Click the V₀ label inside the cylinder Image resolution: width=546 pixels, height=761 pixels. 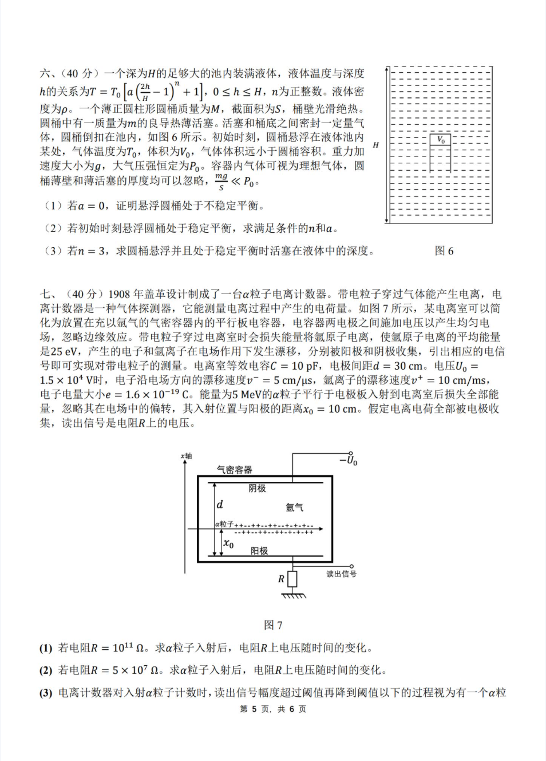[x=441, y=139]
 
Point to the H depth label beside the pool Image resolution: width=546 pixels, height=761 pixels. [x=375, y=145]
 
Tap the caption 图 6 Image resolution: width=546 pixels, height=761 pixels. [x=444, y=251]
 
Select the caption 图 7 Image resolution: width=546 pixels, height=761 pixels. [x=273, y=625]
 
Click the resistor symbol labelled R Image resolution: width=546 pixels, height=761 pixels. [x=292, y=579]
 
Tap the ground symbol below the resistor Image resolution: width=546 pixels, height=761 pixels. [x=293, y=596]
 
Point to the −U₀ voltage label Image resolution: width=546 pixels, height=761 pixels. [x=349, y=460]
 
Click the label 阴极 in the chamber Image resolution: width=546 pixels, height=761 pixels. [x=257, y=488]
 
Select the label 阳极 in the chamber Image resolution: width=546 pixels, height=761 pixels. [x=259, y=551]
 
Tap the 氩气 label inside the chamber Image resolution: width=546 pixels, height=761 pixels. [x=295, y=507]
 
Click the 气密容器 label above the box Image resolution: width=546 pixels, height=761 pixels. [x=234, y=470]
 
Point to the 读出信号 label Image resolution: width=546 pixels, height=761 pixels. [x=341, y=574]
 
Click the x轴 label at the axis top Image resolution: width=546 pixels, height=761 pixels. [x=187, y=456]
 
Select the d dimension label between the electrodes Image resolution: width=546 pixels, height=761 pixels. [x=220, y=504]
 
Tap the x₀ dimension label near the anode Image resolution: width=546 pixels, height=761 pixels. [x=228, y=543]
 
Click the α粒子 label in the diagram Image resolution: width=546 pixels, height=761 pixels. [x=224, y=524]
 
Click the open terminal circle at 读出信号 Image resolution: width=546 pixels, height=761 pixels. [x=351, y=566]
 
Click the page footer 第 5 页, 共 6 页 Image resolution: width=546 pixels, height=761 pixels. [x=273, y=709]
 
